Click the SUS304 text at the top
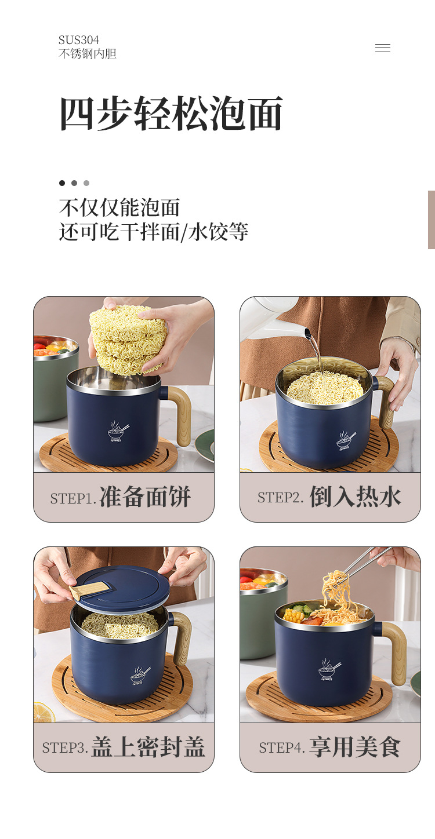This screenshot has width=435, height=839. point(79,40)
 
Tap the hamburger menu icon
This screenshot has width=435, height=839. point(383,48)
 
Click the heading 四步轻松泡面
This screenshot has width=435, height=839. point(171,114)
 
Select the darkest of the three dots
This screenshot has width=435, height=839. point(62,183)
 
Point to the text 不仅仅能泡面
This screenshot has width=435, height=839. point(119,207)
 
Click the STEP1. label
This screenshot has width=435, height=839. point(73,499)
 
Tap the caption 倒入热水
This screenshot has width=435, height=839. point(355,497)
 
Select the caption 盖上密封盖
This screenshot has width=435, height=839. point(148,747)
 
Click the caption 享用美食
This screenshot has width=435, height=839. point(355,747)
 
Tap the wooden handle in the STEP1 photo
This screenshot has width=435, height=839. point(181,414)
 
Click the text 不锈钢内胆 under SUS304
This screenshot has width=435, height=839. point(88,54)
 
